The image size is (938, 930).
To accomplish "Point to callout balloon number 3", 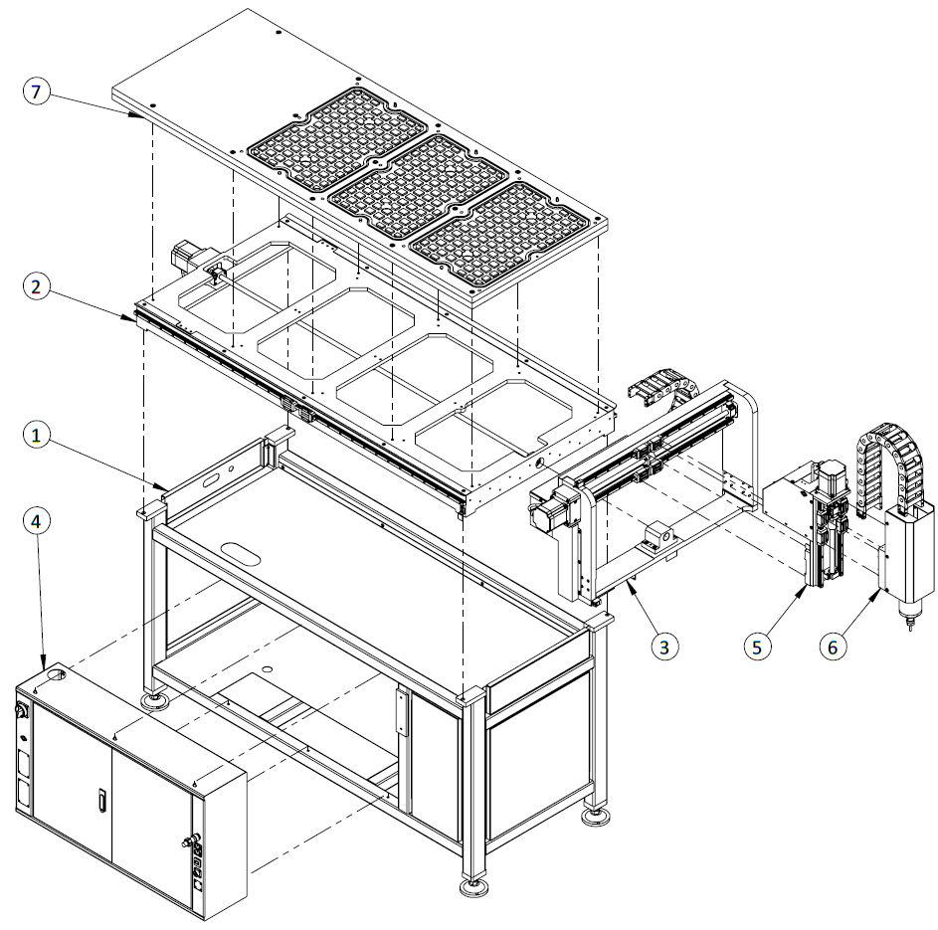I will [x=665, y=645].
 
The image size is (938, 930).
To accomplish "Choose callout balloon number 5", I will [x=757, y=645].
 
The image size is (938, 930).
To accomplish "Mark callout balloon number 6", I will [x=834, y=645].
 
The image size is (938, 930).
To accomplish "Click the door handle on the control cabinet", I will [x=101, y=800].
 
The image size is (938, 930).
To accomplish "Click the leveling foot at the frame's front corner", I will [x=471, y=884].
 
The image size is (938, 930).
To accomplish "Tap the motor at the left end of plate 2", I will [x=188, y=260].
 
